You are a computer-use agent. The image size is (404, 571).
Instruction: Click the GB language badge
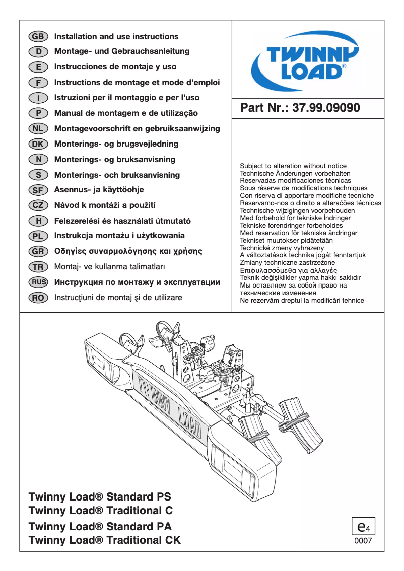(38, 36)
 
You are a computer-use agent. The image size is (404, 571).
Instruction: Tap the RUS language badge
(38, 282)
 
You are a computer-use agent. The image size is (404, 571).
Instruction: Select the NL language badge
(38, 128)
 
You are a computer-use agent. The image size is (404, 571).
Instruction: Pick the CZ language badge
(38, 205)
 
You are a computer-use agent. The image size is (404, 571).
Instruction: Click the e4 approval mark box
(363, 527)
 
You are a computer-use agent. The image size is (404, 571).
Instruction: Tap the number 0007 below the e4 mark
(363, 541)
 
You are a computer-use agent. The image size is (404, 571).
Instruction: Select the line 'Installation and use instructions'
(116, 36)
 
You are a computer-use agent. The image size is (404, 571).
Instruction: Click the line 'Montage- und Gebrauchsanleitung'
(122, 51)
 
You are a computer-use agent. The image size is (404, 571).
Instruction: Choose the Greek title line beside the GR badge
(128, 251)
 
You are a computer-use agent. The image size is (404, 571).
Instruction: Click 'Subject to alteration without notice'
(293, 166)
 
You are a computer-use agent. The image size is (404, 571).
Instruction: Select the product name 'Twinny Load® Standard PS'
(100, 496)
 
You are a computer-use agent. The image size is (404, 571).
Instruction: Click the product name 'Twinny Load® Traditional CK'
(104, 541)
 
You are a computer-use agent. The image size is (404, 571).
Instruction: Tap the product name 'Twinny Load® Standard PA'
(100, 527)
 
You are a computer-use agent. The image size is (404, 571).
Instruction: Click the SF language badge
(38, 190)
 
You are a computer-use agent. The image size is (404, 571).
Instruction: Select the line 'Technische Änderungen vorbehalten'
(295, 173)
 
